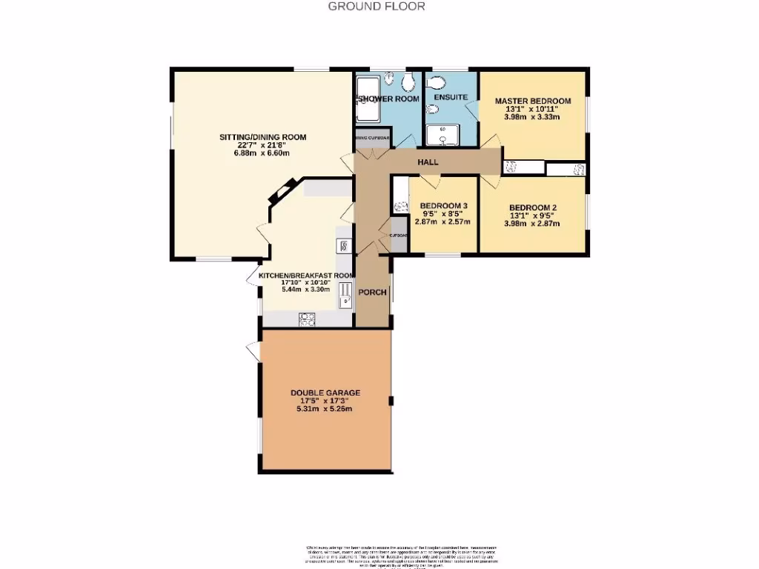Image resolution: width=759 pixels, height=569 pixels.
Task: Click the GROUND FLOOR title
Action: (377, 7)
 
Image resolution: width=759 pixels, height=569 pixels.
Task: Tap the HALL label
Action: (428, 162)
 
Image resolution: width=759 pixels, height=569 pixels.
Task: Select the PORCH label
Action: (373, 292)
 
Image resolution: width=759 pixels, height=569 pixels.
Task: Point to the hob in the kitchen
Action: (306, 319)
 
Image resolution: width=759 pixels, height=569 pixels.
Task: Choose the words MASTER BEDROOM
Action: (532, 101)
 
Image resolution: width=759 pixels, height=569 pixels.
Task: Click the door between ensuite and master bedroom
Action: (472, 109)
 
